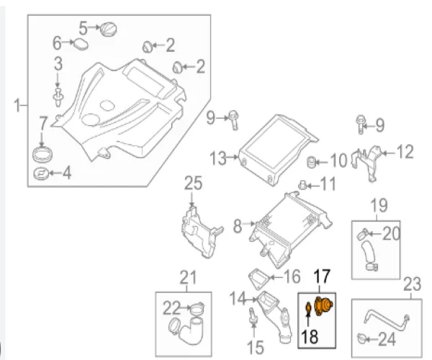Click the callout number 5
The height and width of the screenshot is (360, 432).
pyautogui.click(x=83, y=28)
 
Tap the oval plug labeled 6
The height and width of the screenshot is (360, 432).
pyautogui.click(x=82, y=45)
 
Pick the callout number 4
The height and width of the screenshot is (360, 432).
pyautogui.click(x=67, y=173)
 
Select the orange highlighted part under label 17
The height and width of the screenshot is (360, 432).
pyautogui.click(x=323, y=306)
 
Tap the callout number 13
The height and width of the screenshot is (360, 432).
pyautogui.click(x=218, y=156)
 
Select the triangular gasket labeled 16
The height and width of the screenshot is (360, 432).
pyautogui.click(x=259, y=277)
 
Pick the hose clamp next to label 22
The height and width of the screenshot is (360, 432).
pyautogui.click(x=194, y=311)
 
